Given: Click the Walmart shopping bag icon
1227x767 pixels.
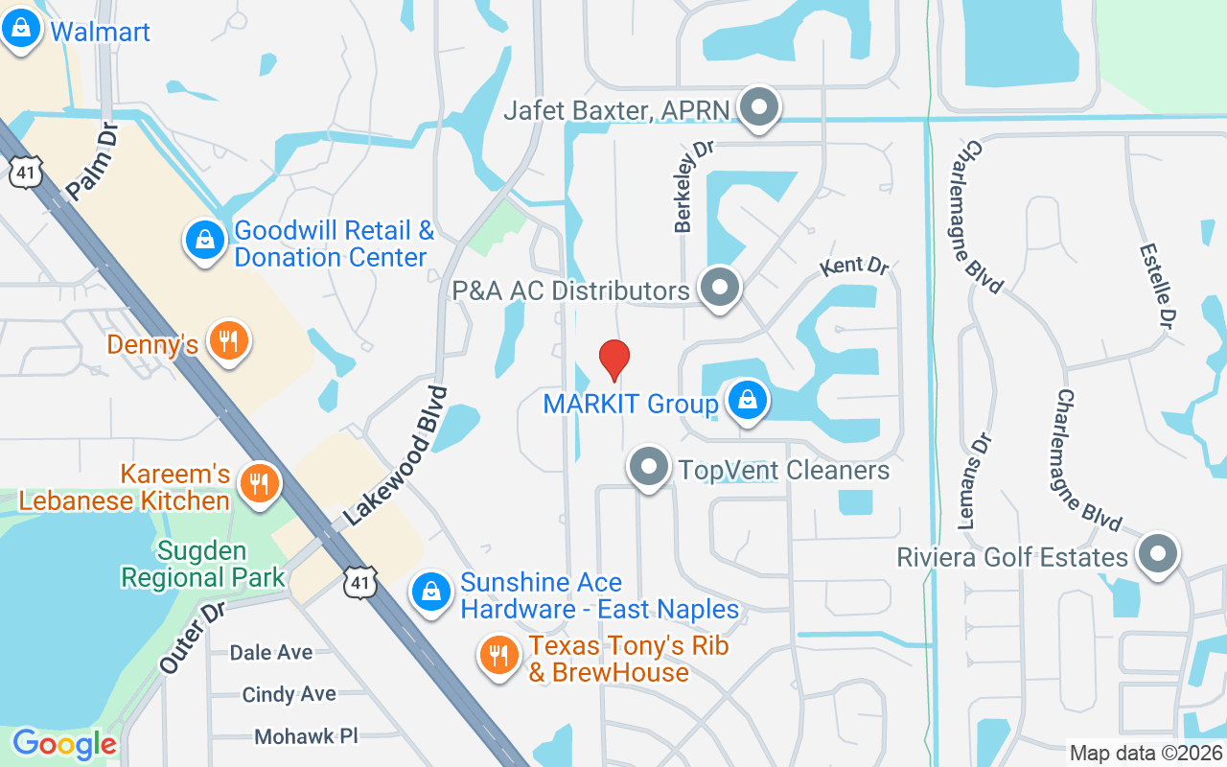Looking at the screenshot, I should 21,30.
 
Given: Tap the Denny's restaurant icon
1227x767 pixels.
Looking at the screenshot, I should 228,341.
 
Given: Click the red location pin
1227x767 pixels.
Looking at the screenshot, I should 613,360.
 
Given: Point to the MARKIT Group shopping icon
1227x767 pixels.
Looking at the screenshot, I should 746,402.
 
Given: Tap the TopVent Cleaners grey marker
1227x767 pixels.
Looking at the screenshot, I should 649,468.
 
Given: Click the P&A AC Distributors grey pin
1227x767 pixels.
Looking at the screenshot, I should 719,287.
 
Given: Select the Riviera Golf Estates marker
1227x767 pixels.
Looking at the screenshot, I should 1158,554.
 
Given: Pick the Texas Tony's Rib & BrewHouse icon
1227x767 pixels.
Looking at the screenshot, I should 498,656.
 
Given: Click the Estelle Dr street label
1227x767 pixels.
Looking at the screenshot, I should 1157,284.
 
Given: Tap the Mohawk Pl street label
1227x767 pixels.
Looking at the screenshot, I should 306,736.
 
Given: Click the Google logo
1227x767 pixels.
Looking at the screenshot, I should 64,744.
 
